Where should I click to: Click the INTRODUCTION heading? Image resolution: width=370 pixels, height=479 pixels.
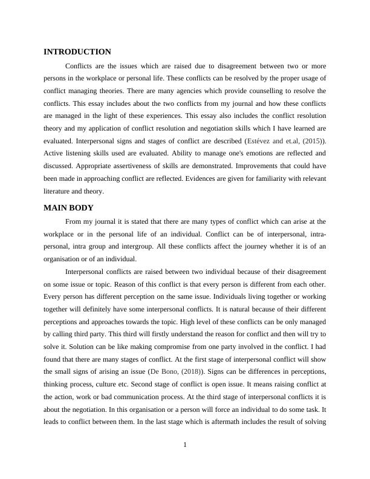pos(77,52)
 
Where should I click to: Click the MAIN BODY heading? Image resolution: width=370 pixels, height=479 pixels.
pos(68,208)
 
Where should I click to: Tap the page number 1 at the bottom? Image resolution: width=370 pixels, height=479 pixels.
pos(185,445)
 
